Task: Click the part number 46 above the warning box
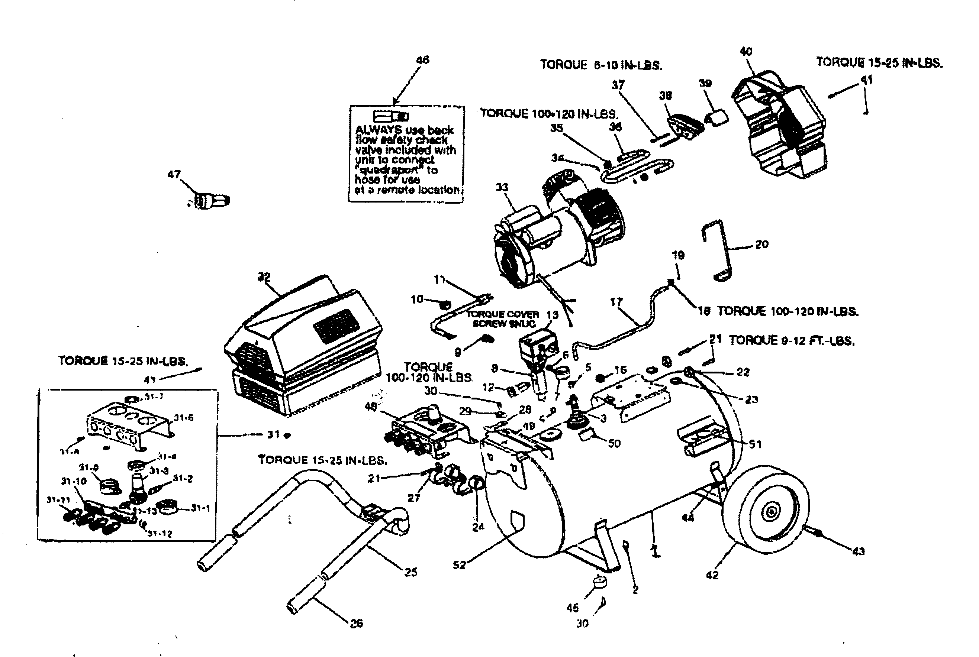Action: coord(422,60)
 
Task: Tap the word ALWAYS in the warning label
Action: coord(379,130)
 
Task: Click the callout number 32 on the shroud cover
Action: coord(264,277)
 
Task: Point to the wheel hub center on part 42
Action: coord(771,512)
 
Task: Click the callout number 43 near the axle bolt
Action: coord(858,551)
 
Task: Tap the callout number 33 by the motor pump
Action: coord(502,187)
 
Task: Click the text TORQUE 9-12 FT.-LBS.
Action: coord(791,341)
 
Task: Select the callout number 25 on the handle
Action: coord(410,572)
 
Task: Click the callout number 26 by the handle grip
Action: coord(356,624)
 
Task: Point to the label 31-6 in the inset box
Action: coord(184,418)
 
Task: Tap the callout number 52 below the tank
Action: coord(459,565)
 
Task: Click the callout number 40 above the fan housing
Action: coord(746,52)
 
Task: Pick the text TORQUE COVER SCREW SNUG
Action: coord(503,319)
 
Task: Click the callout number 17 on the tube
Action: coord(616,302)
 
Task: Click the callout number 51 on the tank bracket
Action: coord(755,444)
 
